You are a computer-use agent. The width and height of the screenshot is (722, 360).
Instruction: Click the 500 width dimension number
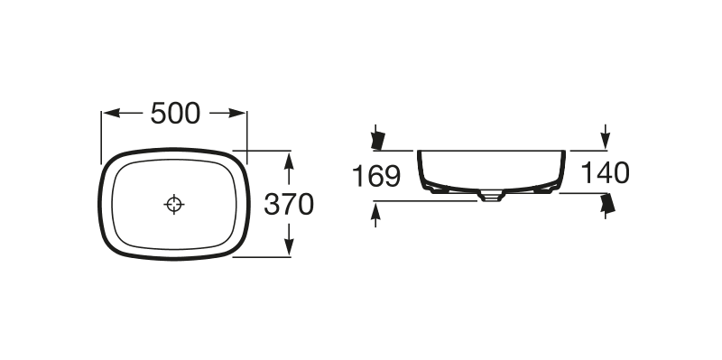[x=175, y=114]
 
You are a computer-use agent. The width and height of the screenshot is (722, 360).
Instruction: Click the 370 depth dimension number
[x=289, y=205]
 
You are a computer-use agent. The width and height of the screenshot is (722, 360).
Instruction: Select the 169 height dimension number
[x=376, y=176]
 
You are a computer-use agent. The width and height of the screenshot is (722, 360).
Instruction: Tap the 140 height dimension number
[x=605, y=173]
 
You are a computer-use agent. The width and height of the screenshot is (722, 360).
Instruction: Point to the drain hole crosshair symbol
[x=174, y=204]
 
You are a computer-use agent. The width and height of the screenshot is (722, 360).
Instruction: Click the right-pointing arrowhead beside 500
[x=237, y=114]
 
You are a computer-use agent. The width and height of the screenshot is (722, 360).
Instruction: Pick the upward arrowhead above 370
[x=289, y=162]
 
